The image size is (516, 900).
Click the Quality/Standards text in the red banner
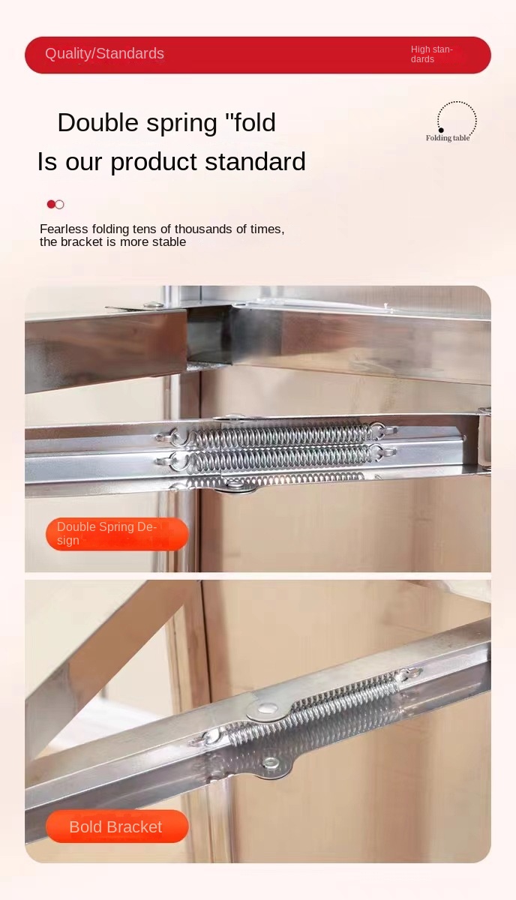pyautogui.click(x=104, y=53)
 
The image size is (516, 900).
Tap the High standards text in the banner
pyautogui.click(x=431, y=54)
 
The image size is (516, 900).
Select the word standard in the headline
pyautogui.click(x=255, y=161)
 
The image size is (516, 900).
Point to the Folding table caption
pyautogui.click(x=448, y=138)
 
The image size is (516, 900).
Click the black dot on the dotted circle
pyautogui.click(x=441, y=130)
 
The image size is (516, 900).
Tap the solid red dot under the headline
pyautogui.click(x=51, y=204)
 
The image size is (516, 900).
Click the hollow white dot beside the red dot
pyautogui.click(x=59, y=205)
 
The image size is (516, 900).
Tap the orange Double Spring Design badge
pyautogui.click(x=117, y=534)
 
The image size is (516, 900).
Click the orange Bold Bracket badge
pyautogui.click(x=117, y=826)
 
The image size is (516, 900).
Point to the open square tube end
pyautogui.click(x=209, y=334)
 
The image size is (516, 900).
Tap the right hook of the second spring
pyautogui.click(x=384, y=452)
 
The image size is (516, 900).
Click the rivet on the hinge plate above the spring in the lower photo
pyautogui.click(x=267, y=708)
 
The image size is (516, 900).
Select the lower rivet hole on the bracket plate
pyautogui.click(x=271, y=761)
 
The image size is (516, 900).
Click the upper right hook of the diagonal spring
pyautogui.click(x=410, y=672)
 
